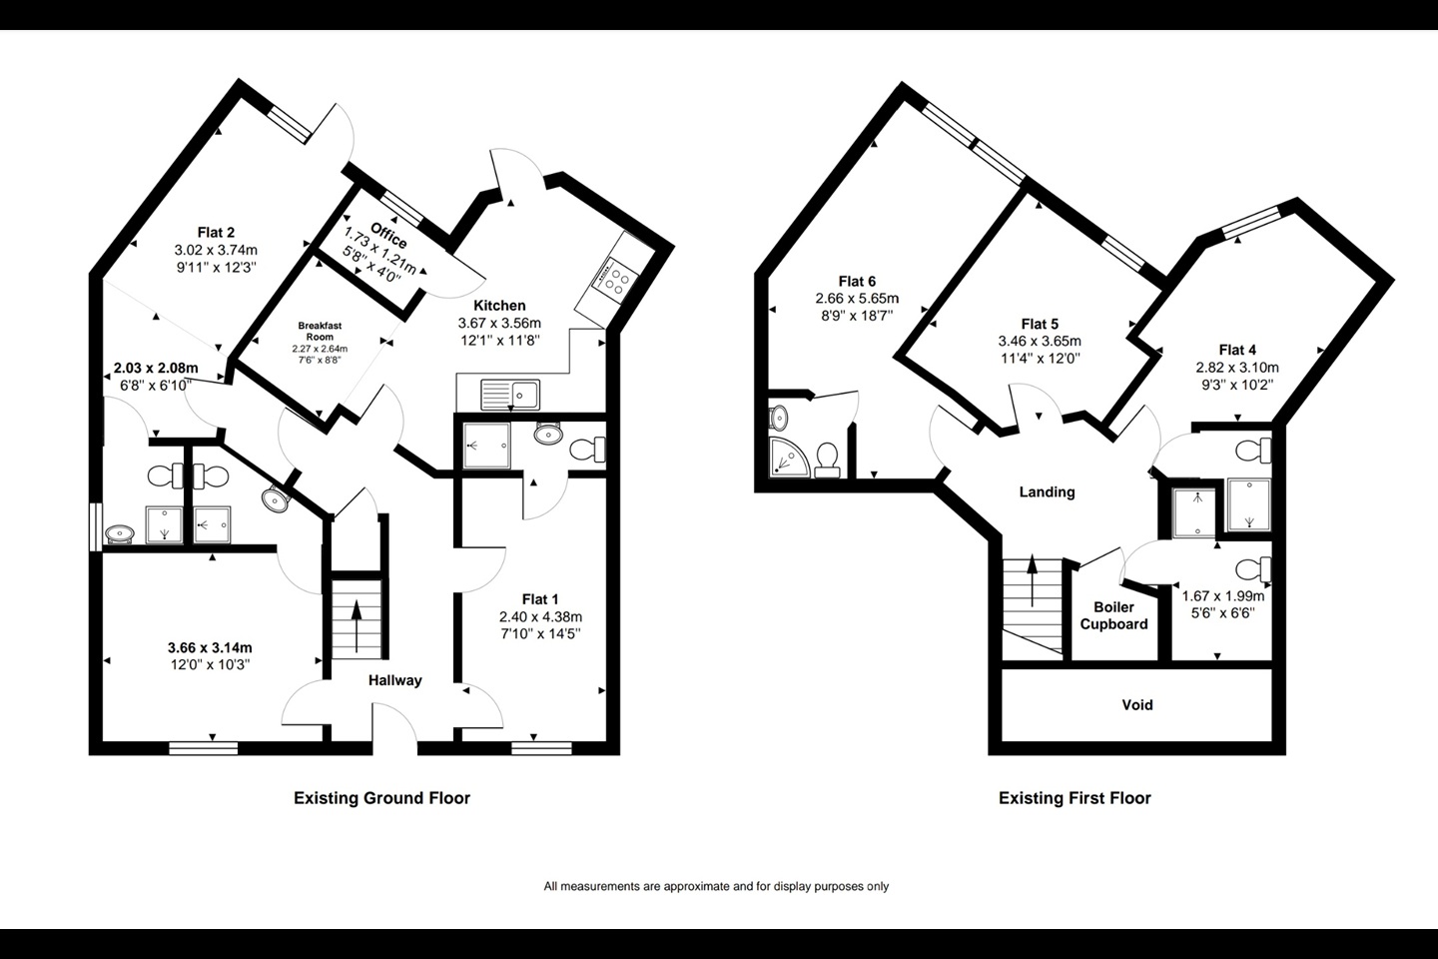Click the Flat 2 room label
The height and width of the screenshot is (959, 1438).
point(217,233)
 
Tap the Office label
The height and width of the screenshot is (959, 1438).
point(388,236)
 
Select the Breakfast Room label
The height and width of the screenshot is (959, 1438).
point(320,331)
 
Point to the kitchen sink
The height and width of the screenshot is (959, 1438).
point(510,395)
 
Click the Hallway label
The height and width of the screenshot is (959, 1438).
point(394,680)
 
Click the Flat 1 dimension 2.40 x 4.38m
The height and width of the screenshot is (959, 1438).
point(540,617)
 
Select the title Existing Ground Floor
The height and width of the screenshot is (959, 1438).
point(381,798)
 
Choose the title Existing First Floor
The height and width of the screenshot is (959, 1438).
point(1075,798)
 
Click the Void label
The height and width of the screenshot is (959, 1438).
point(1137,705)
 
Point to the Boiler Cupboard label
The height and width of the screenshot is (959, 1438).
point(1113,616)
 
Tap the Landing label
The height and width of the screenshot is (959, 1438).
point(1047,492)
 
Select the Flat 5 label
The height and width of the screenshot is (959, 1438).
point(1040,325)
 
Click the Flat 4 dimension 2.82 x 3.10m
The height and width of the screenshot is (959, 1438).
point(1237,368)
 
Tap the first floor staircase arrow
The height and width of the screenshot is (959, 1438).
point(1033,581)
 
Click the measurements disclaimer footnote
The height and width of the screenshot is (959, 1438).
point(716,886)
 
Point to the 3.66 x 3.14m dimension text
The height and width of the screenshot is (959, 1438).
point(210,647)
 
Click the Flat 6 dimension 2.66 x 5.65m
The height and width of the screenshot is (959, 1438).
point(857,299)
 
